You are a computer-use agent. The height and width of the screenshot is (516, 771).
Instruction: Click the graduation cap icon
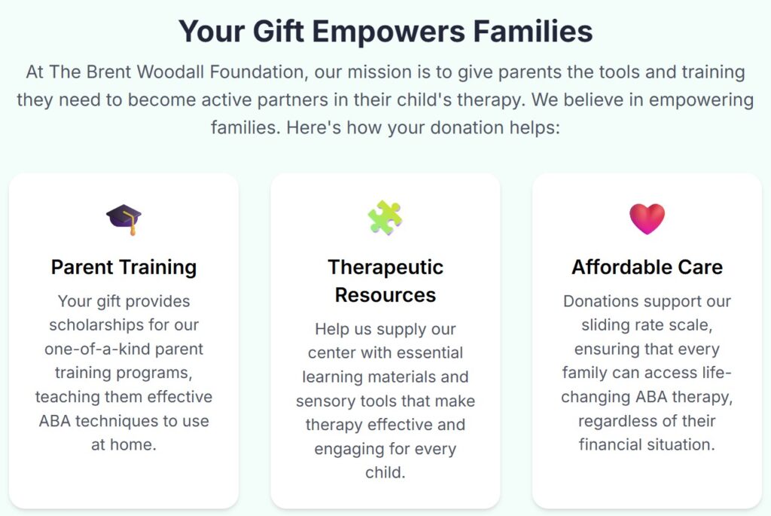(x=123, y=218)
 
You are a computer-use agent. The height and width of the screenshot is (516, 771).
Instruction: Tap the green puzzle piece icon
(x=385, y=218)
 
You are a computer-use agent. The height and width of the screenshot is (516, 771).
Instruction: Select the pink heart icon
(x=647, y=218)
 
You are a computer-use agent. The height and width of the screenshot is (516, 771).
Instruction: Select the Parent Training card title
(x=123, y=267)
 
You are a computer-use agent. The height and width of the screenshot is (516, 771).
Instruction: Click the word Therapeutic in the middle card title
(x=385, y=267)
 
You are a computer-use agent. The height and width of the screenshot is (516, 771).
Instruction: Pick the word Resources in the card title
(x=385, y=295)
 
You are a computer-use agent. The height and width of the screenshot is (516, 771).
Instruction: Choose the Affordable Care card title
(x=647, y=267)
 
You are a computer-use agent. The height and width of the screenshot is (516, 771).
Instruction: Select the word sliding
(x=603, y=325)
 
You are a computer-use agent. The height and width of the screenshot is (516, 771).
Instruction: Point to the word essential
(x=423, y=353)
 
